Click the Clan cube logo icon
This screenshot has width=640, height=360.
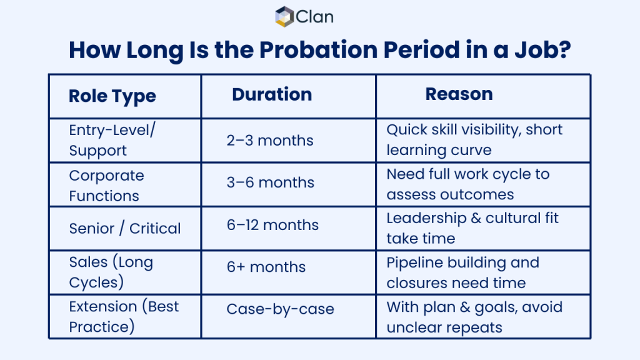(284, 16)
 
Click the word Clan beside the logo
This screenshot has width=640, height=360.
(314, 17)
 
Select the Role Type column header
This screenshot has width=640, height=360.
(112, 96)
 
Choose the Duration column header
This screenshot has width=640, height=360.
(272, 94)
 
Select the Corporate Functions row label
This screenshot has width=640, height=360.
(106, 185)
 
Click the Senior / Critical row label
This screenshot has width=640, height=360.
(125, 228)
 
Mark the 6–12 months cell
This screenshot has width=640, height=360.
(272, 225)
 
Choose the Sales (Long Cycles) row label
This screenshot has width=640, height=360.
(111, 272)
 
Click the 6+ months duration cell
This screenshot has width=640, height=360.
(266, 267)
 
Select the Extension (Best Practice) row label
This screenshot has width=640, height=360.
(124, 316)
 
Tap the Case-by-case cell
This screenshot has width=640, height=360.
(280, 309)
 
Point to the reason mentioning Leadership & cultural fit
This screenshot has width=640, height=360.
(472, 227)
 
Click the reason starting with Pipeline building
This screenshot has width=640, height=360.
(462, 272)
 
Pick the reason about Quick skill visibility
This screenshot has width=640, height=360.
(474, 139)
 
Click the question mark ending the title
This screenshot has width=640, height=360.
(563, 50)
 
